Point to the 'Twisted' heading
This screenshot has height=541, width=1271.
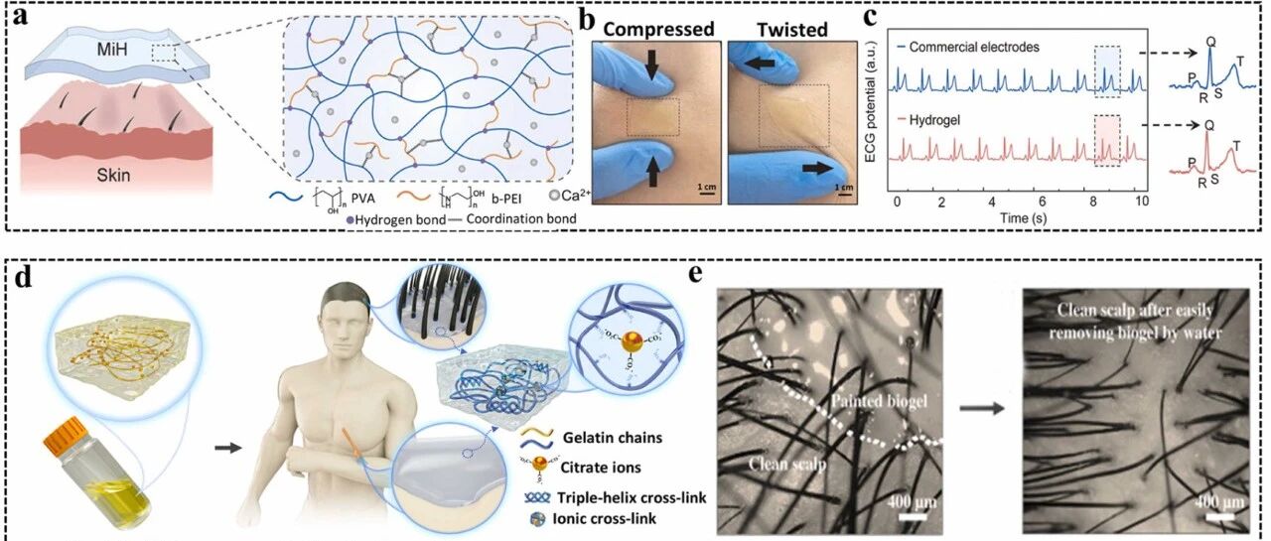tap(789, 29)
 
